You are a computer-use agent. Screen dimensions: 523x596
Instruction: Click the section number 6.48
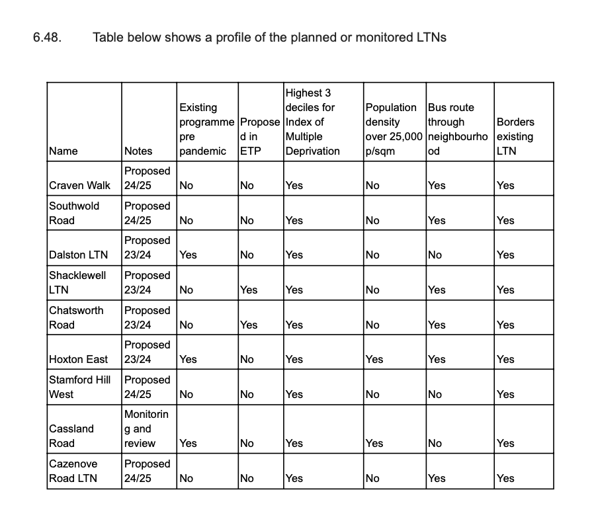click(48, 37)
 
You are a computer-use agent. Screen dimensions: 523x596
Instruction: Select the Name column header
click(64, 151)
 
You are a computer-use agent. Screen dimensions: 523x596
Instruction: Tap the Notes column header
click(138, 151)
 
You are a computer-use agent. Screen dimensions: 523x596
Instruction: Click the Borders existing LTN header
click(515, 136)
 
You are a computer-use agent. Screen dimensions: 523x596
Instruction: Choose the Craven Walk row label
click(79, 185)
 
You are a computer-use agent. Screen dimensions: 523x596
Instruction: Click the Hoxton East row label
click(78, 359)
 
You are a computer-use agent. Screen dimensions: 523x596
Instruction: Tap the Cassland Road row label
click(72, 436)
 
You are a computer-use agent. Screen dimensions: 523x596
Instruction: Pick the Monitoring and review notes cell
click(146, 428)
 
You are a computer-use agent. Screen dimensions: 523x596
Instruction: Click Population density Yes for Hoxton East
click(374, 359)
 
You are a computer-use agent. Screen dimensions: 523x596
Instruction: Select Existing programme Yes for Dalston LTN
click(189, 255)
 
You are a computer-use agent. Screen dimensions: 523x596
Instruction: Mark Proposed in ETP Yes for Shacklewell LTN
click(249, 290)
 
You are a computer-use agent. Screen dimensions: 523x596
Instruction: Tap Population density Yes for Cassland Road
click(374, 443)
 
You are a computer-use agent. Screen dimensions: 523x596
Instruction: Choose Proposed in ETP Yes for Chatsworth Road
click(249, 325)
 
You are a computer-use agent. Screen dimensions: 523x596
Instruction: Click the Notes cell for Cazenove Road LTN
click(147, 471)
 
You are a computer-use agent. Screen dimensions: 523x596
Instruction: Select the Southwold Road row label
click(74, 213)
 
